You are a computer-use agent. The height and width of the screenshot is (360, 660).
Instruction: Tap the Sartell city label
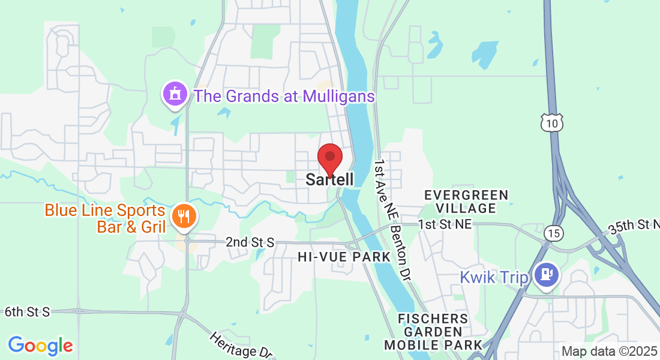329,179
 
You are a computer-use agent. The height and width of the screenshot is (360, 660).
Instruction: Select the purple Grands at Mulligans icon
175,94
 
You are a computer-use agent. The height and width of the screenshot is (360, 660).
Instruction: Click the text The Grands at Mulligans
284,96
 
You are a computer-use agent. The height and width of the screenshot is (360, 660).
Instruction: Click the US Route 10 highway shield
551,122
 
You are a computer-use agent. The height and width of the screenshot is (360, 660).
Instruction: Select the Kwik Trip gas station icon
546,275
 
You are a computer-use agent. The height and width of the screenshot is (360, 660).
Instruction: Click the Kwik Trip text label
494,278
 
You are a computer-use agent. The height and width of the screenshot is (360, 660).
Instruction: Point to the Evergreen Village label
466,202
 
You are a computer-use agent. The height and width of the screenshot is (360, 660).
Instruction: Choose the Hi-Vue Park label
344,257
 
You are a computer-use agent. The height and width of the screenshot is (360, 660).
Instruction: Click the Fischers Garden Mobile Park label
433,331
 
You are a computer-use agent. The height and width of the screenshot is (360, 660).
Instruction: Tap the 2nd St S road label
250,242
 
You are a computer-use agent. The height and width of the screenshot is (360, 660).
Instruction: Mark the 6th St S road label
27,311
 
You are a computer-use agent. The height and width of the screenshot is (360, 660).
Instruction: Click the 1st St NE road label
445,224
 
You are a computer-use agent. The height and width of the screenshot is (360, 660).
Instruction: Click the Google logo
40,346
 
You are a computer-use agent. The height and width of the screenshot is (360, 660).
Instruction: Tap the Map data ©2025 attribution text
610,352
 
